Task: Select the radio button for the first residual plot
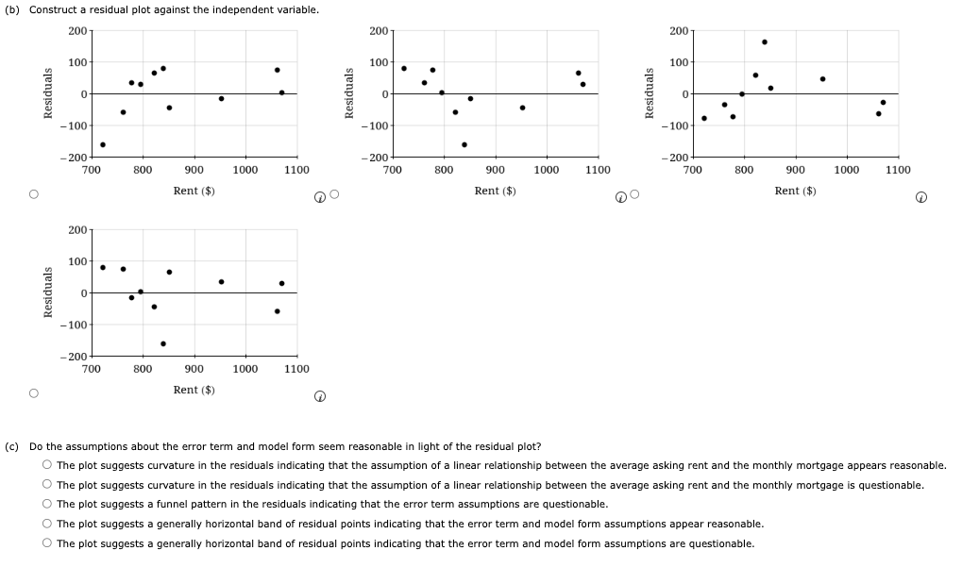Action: pyautogui.click(x=33, y=195)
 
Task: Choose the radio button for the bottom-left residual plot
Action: pyautogui.click(x=33, y=394)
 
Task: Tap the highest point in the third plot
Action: pyautogui.click(x=764, y=42)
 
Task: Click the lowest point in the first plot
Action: pyautogui.click(x=103, y=144)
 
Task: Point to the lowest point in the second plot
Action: pyautogui.click(x=464, y=144)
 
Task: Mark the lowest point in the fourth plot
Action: pyautogui.click(x=163, y=343)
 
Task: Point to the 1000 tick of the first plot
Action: pyautogui.click(x=245, y=170)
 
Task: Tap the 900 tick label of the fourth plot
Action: pyautogui.click(x=194, y=369)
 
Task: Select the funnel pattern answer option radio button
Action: pyautogui.click(x=46, y=505)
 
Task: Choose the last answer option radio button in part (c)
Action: pyautogui.click(x=46, y=543)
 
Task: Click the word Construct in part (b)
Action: pyautogui.click(x=55, y=9)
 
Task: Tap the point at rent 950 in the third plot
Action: pyautogui.click(x=822, y=78)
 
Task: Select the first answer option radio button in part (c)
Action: pyautogui.click(x=46, y=465)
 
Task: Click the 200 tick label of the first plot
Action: pyautogui.click(x=78, y=31)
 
